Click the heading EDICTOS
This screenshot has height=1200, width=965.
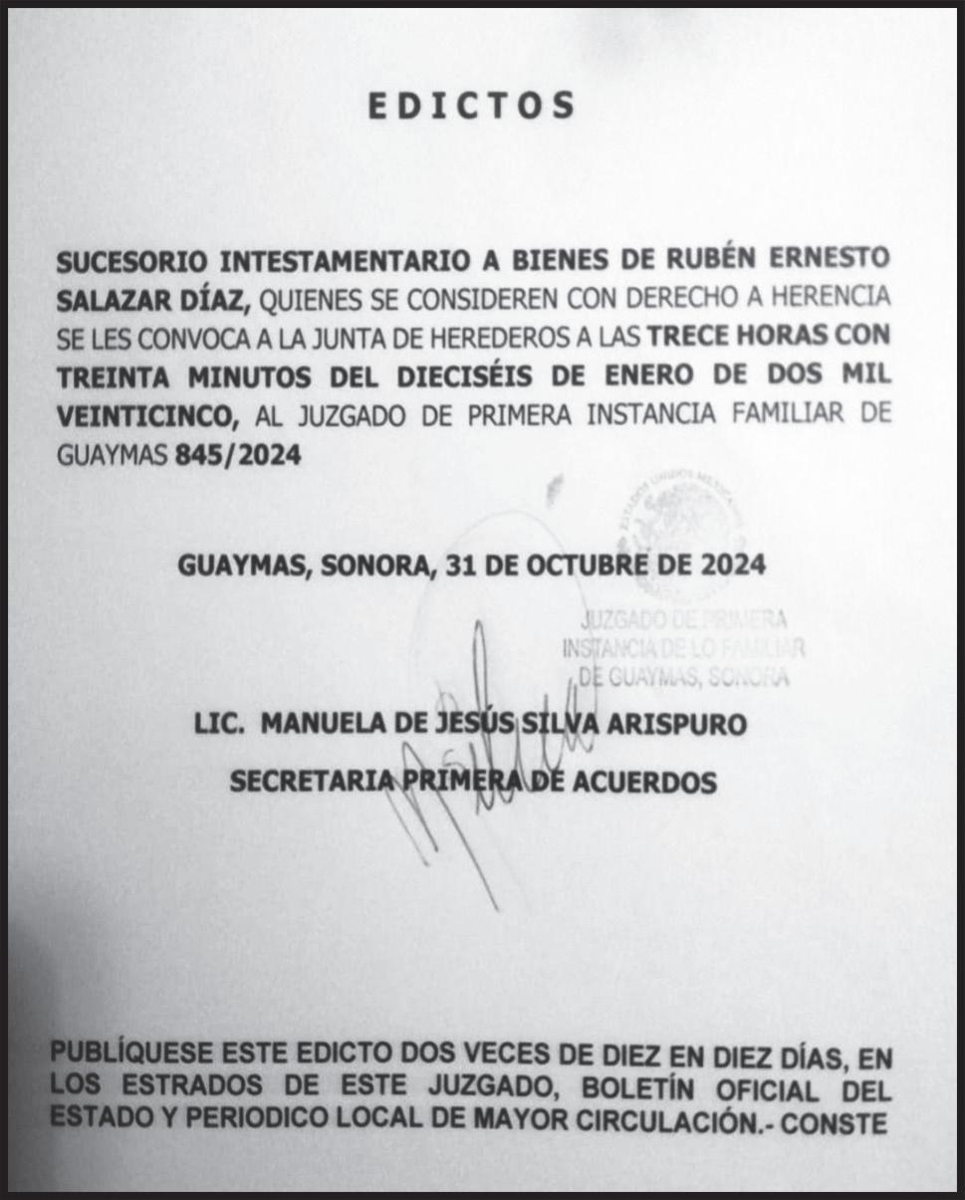click(471, 106)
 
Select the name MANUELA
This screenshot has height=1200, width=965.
click(320, 724)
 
